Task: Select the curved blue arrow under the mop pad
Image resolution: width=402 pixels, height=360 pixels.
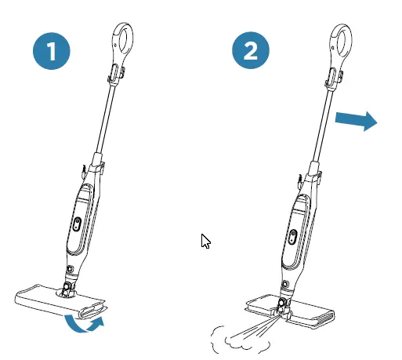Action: point(83,323)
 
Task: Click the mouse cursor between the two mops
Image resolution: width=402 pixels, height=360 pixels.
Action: point(206,242)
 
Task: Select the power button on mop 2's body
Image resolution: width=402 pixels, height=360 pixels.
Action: point(291,235)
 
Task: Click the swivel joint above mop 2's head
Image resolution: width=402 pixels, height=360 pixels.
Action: point(283,302)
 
